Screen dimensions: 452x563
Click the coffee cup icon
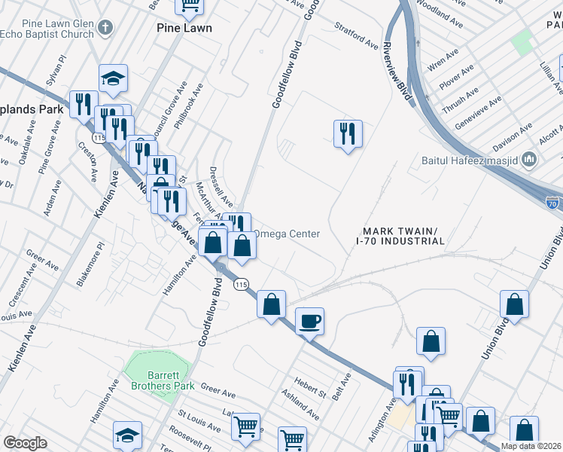tap(309, 322)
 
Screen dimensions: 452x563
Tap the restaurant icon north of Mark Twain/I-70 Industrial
tap(348, 134)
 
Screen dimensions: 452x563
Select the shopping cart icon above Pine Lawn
tap(190, 5)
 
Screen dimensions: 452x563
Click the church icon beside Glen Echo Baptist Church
tap(105, 28)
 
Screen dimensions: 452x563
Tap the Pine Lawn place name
tap(184, 28)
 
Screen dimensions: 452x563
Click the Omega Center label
tap(288, 234)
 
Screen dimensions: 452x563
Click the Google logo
tap(25, 443)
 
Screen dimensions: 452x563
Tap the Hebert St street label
tap(311, 387)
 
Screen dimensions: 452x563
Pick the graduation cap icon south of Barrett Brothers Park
tap(127, 435)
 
